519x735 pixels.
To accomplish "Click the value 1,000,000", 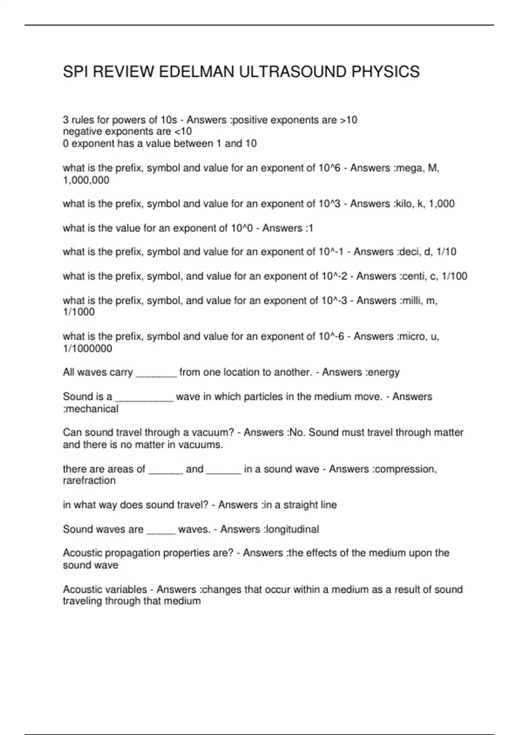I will click(x=86, y=180).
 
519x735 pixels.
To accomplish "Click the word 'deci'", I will click(x=408, y=252).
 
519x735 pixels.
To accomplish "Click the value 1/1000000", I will click(x=87, y=348).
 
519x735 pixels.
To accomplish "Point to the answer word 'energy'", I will click(x=383, y=372).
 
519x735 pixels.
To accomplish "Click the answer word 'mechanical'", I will click(x=92, y=409).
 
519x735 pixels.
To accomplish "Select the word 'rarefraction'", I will click(x=89, y=481).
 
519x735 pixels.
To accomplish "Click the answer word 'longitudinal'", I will click(x=292, y=529).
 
